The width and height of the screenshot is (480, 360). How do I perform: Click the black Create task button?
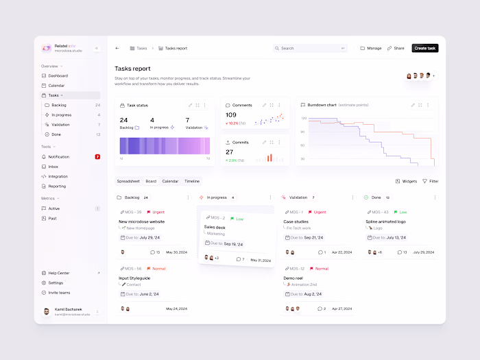(424, 48)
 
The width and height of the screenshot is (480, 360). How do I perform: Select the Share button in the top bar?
(396, 48)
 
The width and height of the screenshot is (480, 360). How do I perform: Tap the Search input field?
(309, 48)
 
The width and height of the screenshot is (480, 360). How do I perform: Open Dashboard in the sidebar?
(58, 75)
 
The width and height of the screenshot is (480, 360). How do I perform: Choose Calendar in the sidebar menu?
(56, 85)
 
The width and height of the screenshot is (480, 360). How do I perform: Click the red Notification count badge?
(97, 156)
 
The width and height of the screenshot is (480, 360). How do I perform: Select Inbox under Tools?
(53, 167)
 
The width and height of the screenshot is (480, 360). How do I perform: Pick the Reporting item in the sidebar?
(57, 186)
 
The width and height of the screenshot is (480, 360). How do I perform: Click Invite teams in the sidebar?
(59, 292)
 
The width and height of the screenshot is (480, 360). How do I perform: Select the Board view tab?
(151, 181)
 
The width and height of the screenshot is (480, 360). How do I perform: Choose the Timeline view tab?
(192, 181)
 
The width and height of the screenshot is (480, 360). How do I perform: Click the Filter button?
(431, 181)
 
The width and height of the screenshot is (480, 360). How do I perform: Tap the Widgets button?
(407, 181)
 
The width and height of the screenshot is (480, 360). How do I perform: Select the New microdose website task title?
(141, 221)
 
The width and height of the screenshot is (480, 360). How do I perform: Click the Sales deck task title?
(215, 226)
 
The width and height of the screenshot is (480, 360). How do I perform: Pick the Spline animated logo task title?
(387, 221)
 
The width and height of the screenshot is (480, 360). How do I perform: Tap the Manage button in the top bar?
(371, 48)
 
